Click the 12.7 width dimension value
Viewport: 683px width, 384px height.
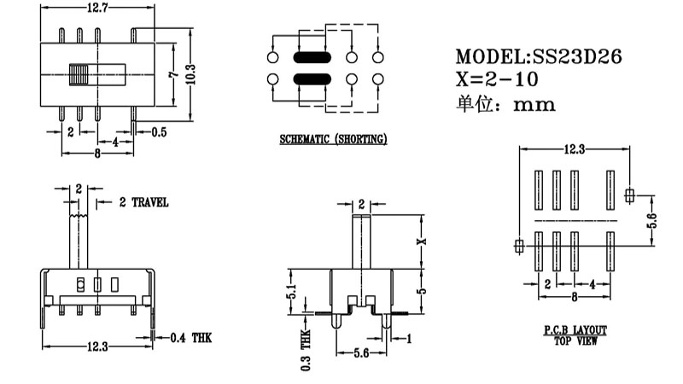click(x=96, y=9)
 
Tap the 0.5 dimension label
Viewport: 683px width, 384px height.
click(x=159, y=132)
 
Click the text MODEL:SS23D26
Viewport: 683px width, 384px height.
click(x=539, y=57)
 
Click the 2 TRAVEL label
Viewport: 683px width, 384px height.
click(x=143, y=202)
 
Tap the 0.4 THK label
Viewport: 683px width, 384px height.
click(x=190, y=338)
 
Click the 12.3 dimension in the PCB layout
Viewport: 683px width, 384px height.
click(x=574, y=149)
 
